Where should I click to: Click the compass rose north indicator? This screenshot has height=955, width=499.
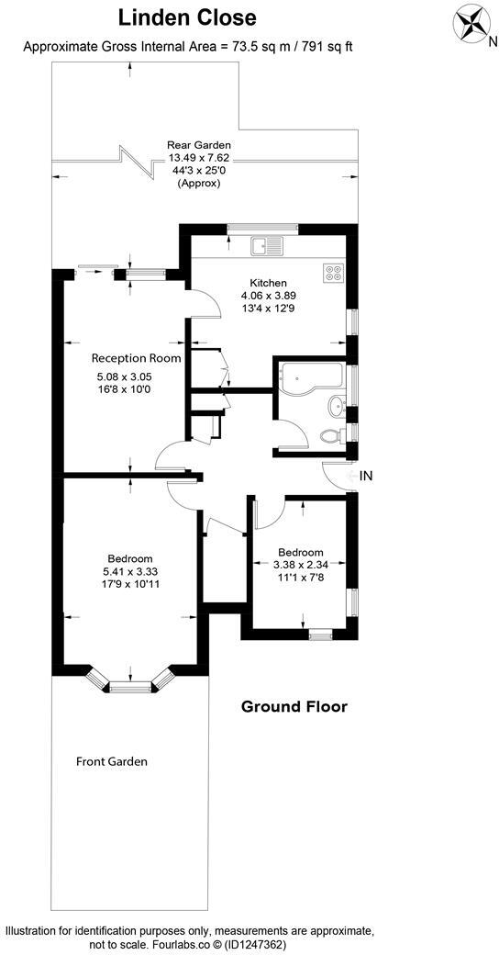coord(473,22)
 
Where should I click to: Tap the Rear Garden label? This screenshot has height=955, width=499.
coord(198,145)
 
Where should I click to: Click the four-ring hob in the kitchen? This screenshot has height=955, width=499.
coord(333,273)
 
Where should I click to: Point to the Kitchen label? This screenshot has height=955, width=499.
coord(269,283)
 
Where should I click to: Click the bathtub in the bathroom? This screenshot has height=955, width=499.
coord(310,376)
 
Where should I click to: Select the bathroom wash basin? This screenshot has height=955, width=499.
coord(335,404)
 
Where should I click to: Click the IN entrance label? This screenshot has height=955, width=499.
coord(366,476)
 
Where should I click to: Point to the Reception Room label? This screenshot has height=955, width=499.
coord(136,358)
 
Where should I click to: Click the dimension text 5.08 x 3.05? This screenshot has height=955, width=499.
coord(125,376)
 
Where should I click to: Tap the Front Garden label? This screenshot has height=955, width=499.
coord(112,761)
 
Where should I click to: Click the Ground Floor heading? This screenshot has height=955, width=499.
coord(294,706)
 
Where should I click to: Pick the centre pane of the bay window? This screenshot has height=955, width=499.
coord(129,684)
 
